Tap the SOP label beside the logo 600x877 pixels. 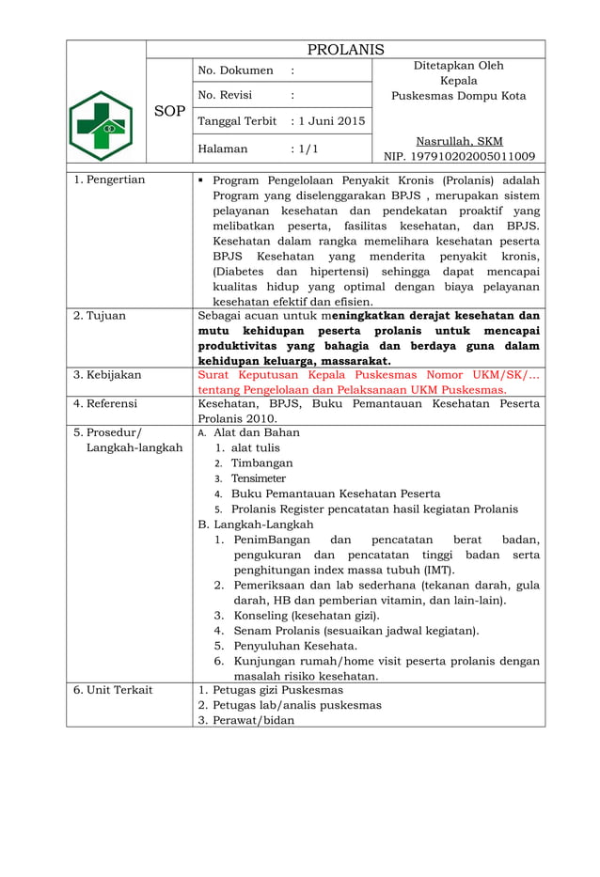click(x=169, y=111)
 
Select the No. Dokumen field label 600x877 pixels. click(x=235, y=70)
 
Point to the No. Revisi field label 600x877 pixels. click(x=229, y=95)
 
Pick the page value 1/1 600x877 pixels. click(x=306, y=149)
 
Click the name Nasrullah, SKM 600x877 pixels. click(x=459, y=141)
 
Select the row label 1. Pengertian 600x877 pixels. click(x=109, y=180)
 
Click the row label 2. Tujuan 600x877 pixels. click(x=100, y=316)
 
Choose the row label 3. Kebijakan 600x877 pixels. click(x=108, y=375)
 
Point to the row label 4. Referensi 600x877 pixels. click(x=105, y=404)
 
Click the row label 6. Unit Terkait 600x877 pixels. click(x=113, y=690)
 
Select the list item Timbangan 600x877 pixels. click(x=261, y=463)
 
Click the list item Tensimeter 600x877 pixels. click(x=259, y=478)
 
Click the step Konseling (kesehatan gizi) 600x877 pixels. click(x=299, y=615)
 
